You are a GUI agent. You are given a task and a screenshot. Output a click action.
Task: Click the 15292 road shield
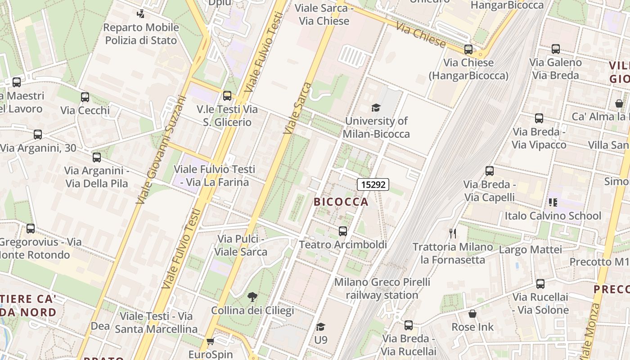(x=373, y=184)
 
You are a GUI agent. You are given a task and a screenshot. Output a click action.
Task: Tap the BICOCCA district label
(x=341, y=202)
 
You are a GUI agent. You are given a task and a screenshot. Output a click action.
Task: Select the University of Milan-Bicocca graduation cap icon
(x=376, y=108)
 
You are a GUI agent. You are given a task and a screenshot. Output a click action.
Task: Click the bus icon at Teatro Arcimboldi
(x=343, y=231)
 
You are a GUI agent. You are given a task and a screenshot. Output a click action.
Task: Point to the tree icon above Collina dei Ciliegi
(x=252, y=297)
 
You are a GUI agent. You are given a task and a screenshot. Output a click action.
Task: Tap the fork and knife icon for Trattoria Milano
(x=453, y=233)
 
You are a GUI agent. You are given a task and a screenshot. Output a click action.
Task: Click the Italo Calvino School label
(x=553, y=216)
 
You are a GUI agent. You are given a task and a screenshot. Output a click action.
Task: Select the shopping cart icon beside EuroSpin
(x=210, y=342)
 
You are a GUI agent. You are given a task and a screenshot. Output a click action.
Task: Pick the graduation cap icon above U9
(x=320, y=327)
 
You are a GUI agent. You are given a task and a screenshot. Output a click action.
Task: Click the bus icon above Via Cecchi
(x=85, y=97)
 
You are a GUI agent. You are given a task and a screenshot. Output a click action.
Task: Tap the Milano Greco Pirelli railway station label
(x=382, y=288)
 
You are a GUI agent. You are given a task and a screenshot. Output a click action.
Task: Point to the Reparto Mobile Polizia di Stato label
(x=141, y=34)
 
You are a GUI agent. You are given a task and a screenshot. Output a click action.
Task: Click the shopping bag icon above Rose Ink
(x=472, y=314)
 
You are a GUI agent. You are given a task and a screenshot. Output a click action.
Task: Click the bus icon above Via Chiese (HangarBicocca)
(x=468, y=49)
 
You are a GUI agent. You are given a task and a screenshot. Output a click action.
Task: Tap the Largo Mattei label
(x=531, y=249)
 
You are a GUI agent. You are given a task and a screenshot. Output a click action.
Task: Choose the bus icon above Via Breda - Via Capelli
(x=490, y=171)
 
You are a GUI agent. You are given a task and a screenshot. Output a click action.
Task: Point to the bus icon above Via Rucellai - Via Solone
(x=540, y=284)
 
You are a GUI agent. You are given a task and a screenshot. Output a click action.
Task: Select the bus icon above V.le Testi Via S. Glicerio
(x=227, y=95)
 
